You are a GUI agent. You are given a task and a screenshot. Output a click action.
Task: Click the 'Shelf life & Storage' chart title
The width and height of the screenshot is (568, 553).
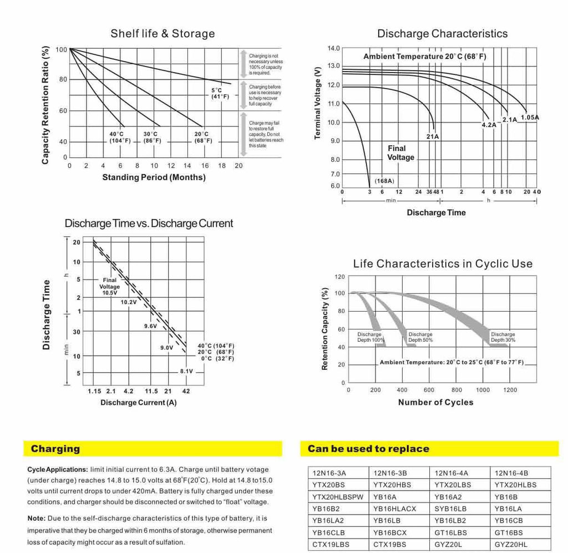163,34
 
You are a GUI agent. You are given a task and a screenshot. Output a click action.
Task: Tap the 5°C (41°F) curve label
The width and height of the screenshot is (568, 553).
220,93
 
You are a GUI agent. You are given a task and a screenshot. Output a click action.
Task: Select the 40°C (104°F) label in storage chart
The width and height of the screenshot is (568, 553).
120,137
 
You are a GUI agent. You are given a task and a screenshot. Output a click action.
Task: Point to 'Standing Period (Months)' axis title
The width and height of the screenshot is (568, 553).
154,177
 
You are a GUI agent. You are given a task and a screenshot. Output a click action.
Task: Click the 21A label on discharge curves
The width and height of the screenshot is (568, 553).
433,136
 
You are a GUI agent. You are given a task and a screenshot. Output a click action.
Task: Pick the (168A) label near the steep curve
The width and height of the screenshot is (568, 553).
384,181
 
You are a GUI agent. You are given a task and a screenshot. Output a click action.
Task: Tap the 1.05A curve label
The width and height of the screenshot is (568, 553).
530,118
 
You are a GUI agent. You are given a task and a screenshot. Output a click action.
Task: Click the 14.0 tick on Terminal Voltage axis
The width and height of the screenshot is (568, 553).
333,48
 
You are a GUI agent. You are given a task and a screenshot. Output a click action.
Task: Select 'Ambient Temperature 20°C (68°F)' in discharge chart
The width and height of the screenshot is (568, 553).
425,57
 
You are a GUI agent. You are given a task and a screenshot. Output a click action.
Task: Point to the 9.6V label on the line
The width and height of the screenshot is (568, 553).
151,326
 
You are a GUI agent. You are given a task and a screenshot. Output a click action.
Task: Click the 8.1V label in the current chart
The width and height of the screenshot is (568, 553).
186,371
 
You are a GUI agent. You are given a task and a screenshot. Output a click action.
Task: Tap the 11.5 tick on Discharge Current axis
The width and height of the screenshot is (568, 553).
151,391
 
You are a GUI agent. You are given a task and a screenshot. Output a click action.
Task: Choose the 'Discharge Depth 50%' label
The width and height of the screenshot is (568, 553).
420,337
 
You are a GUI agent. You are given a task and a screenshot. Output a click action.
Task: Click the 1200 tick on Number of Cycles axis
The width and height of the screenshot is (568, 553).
510,390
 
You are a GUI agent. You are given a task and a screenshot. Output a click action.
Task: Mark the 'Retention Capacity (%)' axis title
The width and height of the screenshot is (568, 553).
324,329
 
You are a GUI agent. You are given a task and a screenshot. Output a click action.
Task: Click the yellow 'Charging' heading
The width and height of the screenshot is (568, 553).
55,449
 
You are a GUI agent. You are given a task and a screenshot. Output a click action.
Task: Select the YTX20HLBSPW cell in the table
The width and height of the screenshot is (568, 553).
338,497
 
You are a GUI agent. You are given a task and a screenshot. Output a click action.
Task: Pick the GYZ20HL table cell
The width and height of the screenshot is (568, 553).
511,544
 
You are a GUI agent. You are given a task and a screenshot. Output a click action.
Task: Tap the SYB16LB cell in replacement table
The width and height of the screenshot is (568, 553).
450,509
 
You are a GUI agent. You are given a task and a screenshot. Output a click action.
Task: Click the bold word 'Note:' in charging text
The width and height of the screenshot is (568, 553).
37,518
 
